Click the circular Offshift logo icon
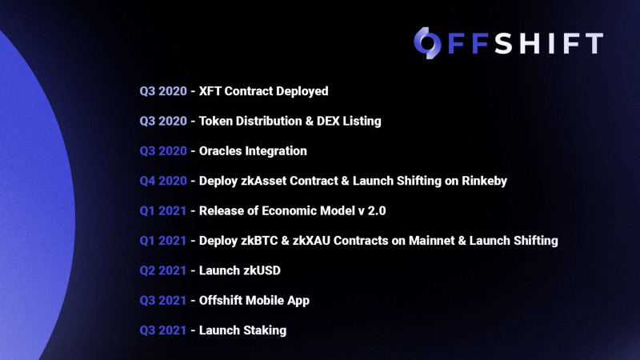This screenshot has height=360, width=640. [426, 42]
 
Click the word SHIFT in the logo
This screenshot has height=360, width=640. [549, 43]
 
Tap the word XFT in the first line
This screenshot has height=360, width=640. [211, 91]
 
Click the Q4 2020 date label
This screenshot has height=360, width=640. [162, 181]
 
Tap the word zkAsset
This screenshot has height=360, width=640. [266, 181]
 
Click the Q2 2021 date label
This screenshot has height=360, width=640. [162, 270]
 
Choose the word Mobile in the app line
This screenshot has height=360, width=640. [270, 300]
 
